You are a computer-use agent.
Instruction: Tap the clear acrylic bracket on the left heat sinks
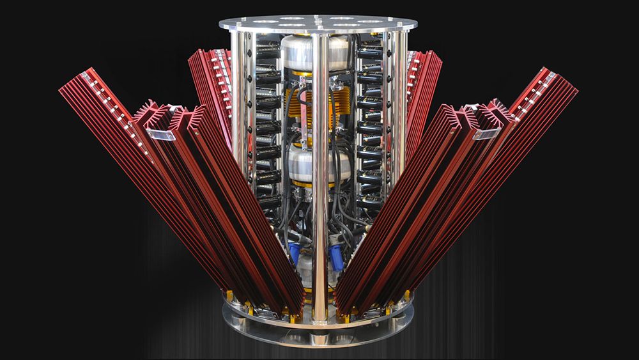[x=160, y=134]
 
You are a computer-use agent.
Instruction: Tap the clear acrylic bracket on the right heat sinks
[x=486, y=133]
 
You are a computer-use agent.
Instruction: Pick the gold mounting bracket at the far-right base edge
[x=407, y=295]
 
